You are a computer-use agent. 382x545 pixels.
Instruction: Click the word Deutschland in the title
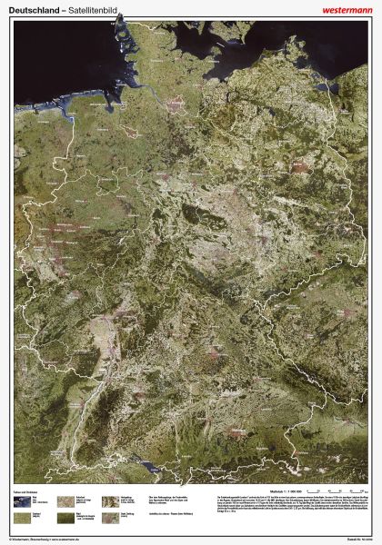28,7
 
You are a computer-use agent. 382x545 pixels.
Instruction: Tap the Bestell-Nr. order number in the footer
360,540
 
